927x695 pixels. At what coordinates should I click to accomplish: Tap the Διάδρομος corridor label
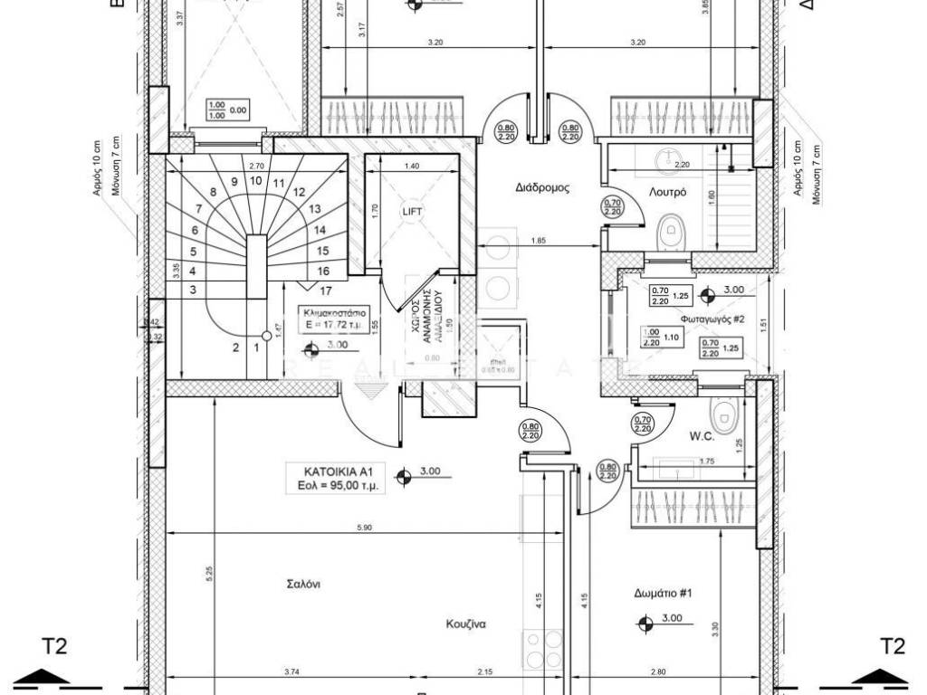coord(541,189)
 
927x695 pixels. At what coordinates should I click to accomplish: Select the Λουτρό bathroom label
coord(667,193)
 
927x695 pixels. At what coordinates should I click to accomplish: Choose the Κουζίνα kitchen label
coord(467,624)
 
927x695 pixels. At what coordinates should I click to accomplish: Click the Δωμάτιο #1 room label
coord(663,594)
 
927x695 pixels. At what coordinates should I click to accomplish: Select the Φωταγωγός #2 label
coord(712,319)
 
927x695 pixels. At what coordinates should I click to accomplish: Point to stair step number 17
coord(327,290)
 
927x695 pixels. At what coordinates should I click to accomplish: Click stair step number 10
coord(256,180)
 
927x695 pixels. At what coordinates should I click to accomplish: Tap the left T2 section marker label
coord(54,646)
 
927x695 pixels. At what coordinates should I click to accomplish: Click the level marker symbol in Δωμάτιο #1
coord(645,622)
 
